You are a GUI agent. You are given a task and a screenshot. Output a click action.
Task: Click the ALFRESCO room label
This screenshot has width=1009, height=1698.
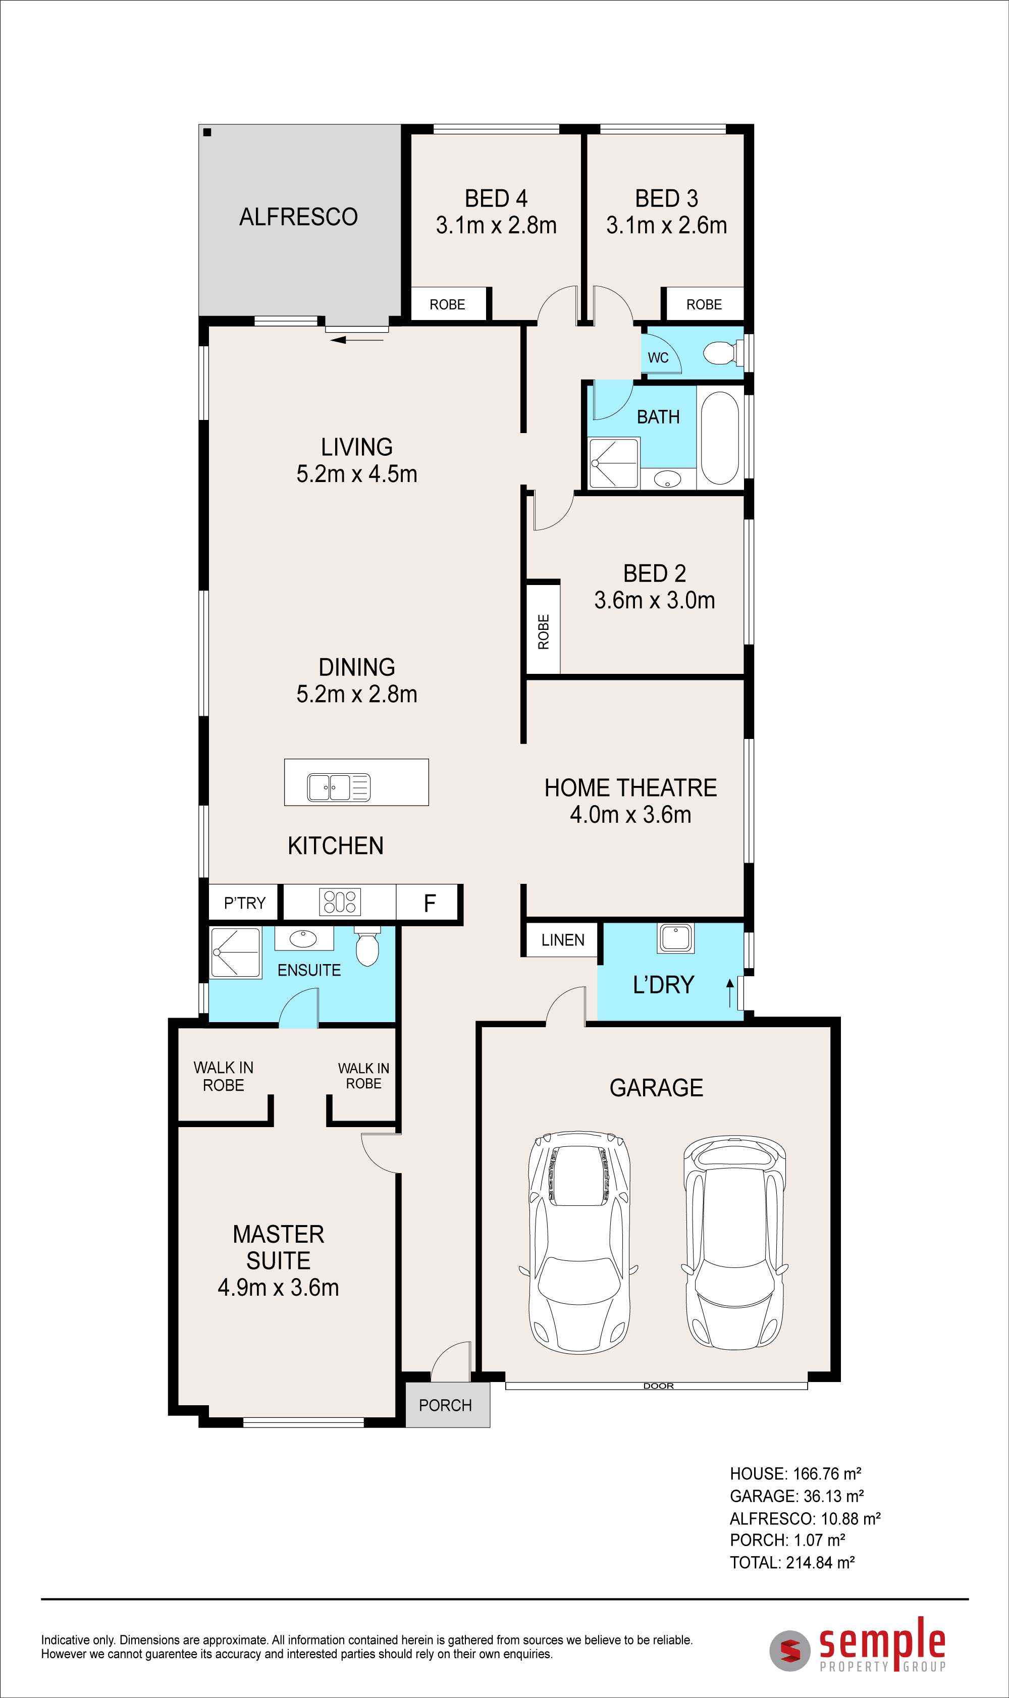click(x=298, y=217)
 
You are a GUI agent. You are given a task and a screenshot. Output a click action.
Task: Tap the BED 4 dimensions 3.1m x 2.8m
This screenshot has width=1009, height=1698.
click(x=496, y=225)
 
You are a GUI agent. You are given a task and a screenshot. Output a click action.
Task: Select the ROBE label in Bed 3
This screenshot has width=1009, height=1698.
click(x=704, y=304)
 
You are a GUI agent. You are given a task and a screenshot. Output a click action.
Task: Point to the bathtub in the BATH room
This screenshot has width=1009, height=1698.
click(x=719, y=438)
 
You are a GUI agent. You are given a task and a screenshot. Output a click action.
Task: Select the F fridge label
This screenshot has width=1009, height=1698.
click(x=430, y=904)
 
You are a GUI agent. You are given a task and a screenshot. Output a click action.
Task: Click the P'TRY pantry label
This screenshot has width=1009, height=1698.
click(x=245, y=904)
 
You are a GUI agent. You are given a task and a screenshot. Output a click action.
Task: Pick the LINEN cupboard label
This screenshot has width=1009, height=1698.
click(x=563, y=940)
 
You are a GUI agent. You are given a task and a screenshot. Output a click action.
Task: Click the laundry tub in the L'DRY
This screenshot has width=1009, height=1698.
click(x=675, y=938)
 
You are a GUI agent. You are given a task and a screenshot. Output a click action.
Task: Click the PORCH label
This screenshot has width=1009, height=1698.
click(x=445, y=1405)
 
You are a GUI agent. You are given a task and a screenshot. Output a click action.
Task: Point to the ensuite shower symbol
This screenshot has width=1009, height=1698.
click(x=235, y=952)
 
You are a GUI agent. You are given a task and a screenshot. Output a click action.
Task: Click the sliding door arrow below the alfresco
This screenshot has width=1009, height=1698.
click(x=357, y=340)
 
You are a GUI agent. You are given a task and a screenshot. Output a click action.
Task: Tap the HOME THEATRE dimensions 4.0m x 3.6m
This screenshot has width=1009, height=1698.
click(x=630, y=814)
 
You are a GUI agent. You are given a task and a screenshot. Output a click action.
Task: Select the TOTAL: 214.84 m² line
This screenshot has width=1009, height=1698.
click(x=792, y=1563)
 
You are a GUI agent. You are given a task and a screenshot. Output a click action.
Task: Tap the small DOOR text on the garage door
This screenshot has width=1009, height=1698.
click(x=658, y=1386)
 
